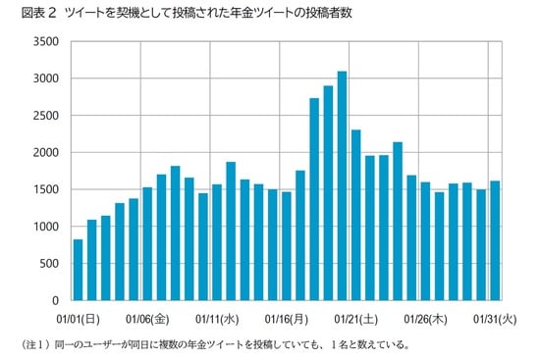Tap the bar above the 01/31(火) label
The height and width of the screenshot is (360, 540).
[495, 240]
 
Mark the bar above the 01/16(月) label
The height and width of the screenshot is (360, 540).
[287, 245]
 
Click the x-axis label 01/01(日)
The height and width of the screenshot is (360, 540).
[78, 318]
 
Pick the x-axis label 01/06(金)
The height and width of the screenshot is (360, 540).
[148, 318]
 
